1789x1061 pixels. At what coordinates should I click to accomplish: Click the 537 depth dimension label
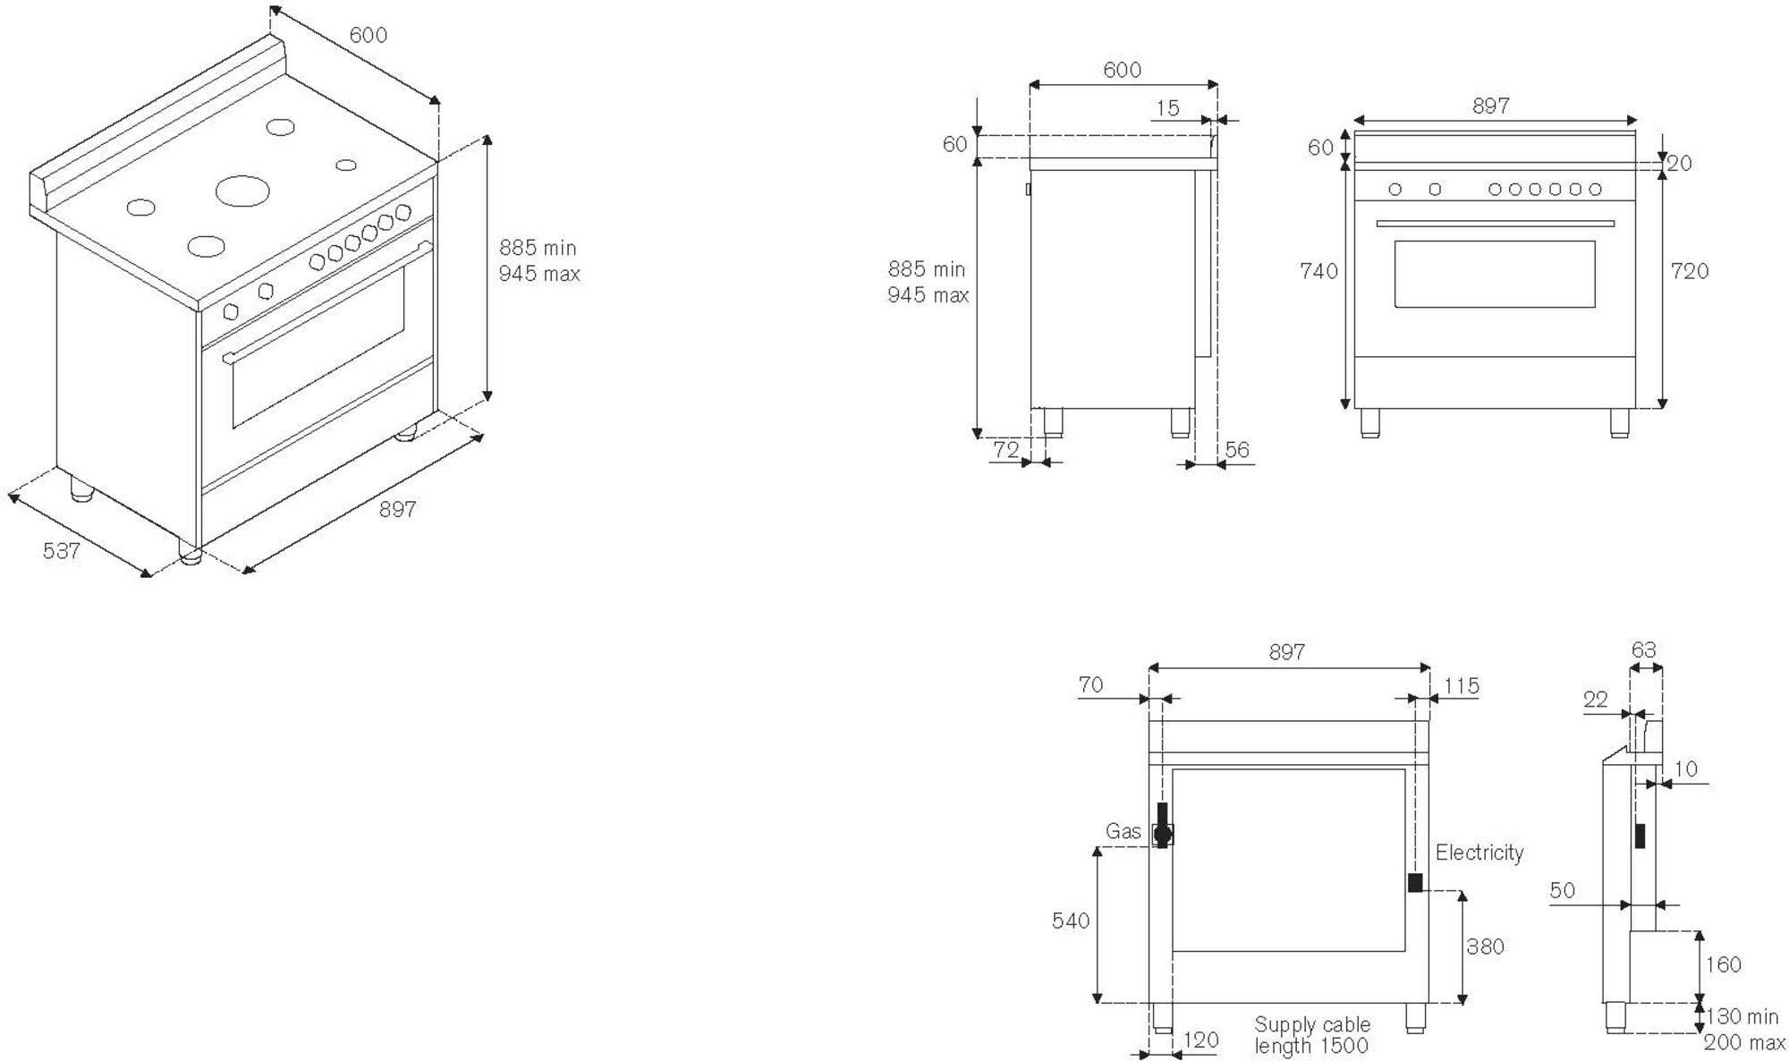tap(62, 550)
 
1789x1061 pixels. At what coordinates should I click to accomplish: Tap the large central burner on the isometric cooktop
tap(242, 190)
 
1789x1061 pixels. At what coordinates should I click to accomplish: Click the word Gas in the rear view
tap(1123, 831)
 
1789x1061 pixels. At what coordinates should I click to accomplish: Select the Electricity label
tap(1479, 853)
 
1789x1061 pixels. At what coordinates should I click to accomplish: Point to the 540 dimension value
tap(1070, 921)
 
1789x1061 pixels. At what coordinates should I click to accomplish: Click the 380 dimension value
tap(1485, 946)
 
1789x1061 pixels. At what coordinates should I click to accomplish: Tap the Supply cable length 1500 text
tap(1311, 1035)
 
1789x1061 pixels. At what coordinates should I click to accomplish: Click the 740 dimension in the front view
tap(1318, 271)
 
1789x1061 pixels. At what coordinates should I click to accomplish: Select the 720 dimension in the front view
tap(1689, 271)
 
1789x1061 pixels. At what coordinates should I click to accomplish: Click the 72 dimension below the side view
tap(1005, 450)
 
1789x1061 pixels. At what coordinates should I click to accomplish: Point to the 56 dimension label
tap(1237, 450)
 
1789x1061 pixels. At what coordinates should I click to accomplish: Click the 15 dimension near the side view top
tap(1167, 108)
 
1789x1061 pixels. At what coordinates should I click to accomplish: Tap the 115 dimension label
tap(1461, 686)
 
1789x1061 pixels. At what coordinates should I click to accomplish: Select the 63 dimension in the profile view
tap(1643, 650)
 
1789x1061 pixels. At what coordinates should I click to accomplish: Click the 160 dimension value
tap(1723, 964)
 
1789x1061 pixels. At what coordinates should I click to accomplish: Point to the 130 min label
tap(1742, 1016)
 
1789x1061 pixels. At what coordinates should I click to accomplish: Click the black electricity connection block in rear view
tap(1415, 883)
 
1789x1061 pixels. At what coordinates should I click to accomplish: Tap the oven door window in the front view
tap(1494, 274)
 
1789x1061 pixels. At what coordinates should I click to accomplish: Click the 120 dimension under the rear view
tap(1200, 1040)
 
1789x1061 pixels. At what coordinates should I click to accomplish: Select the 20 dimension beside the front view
tap(1679, 163)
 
